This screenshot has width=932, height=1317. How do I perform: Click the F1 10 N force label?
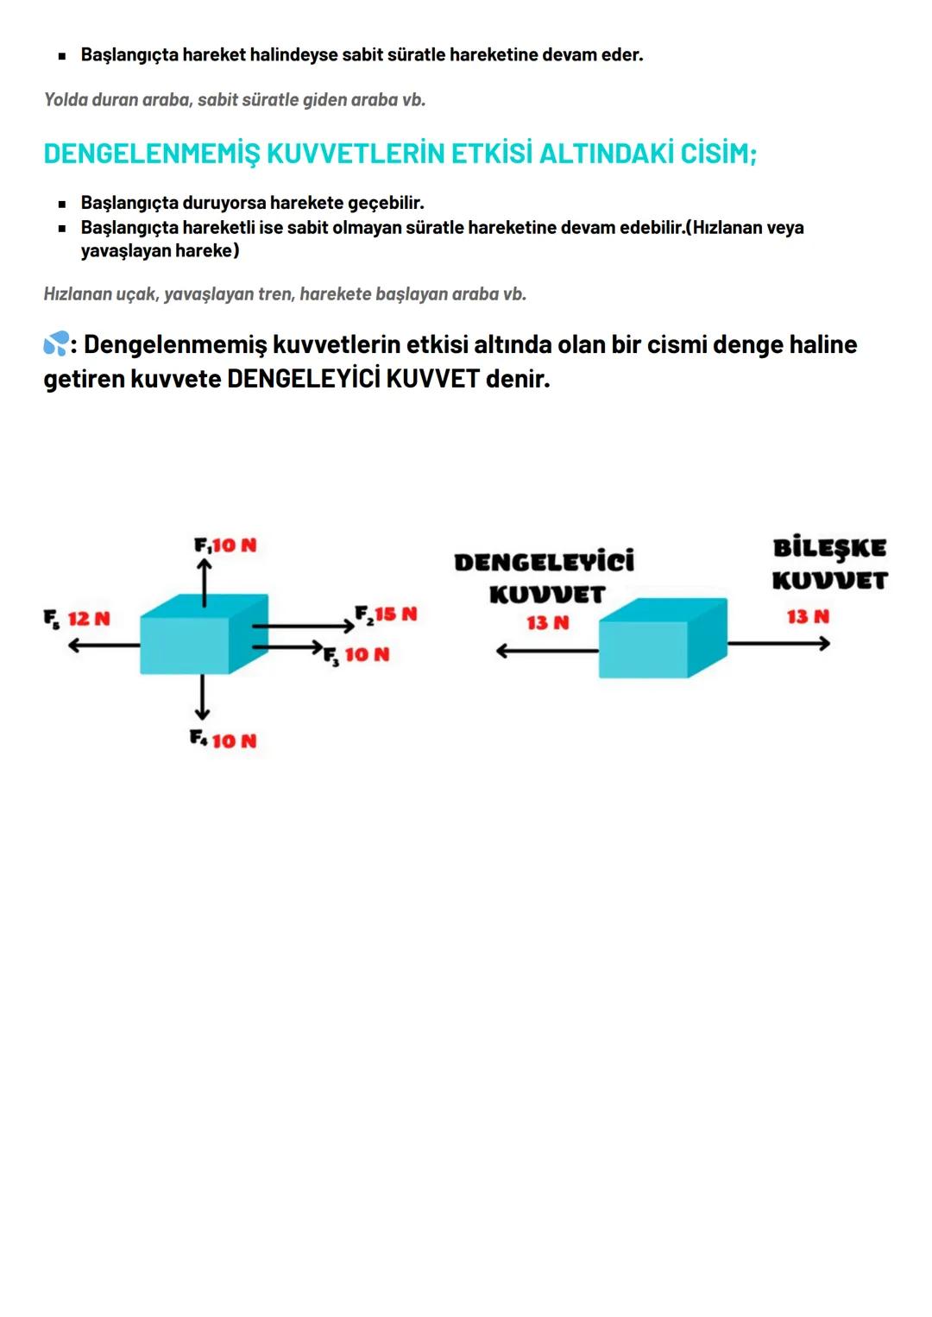(x=225, y=545)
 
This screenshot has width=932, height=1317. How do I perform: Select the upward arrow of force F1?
(x=204, y=583)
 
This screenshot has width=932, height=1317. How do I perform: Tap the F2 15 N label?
(x=386, y=614)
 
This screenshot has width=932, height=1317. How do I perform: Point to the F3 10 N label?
(x=356, y=655)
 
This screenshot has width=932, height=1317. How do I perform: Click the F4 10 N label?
(x=224, y=740)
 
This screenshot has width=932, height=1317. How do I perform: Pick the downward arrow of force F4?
(x=202, y=697)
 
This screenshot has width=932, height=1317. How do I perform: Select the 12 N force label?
(x=88, y=619)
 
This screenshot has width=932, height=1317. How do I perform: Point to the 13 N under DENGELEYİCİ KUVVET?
(x=548, y=622)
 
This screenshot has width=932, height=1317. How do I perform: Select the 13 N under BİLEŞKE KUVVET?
(x=808, y=616)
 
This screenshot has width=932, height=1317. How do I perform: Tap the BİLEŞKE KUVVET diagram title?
(x=829, y=564)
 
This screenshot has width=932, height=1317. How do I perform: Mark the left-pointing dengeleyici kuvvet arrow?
(x=547, y=651)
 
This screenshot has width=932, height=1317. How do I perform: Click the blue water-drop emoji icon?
(x=56, y=345)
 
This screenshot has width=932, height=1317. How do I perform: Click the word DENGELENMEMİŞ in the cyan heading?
(x=151, y=154)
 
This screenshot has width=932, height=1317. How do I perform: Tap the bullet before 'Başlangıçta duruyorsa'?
(x=62, y=205)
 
